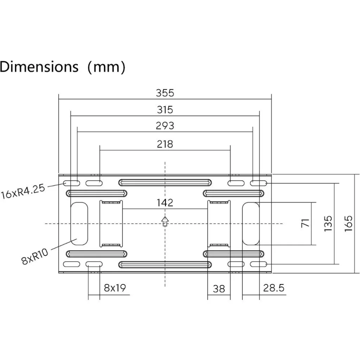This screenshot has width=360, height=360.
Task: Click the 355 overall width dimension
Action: tap(165, 93)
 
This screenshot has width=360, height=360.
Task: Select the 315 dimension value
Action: tap(165, 110)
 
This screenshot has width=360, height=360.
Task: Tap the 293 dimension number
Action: tap(165, 126)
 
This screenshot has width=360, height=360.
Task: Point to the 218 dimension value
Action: tap(165, 144)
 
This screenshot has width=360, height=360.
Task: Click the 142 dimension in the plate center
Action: tap(165, 203)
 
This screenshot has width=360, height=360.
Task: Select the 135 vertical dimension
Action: tap(328, 223)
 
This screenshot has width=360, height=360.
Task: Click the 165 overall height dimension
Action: tap(348, 223)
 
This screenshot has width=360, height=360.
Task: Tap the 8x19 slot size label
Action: tap(115, 288)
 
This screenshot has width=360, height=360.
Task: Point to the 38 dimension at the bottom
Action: tap(219, 289)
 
